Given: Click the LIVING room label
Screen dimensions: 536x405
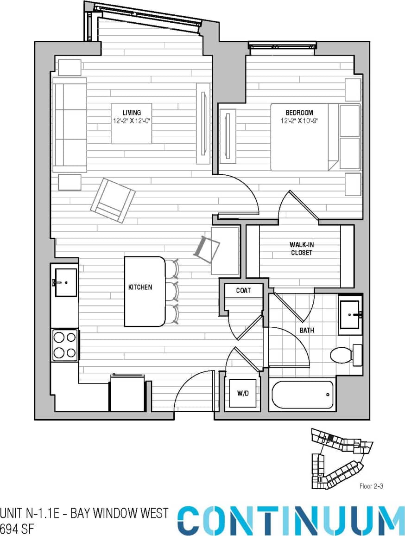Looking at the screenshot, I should (x=131, y=112).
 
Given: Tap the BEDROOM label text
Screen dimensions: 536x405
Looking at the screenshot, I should (x=299, y=112).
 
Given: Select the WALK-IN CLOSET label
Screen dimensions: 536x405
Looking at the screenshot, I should (x=301, y=249).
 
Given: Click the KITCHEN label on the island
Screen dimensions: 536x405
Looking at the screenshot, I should (x=140, y=287).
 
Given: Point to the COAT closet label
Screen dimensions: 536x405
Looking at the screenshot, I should (x=243, y=291).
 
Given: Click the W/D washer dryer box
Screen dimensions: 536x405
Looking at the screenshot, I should (x=243, y=394).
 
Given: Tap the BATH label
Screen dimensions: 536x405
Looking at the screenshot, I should (x=307, y=331).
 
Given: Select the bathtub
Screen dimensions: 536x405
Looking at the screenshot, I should (x=302, y=395).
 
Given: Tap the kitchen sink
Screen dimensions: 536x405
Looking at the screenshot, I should (x=65, y=282).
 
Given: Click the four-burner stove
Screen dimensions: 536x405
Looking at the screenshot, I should (x=64, y=345).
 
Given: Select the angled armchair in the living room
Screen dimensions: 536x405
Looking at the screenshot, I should (x=113, y=200).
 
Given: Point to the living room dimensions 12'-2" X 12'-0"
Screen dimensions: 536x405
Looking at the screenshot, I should (x=131, y=121).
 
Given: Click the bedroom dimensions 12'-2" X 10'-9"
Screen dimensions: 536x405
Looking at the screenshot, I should (x=299, y=121).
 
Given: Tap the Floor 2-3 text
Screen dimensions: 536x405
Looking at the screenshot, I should (x=371, y=486).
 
